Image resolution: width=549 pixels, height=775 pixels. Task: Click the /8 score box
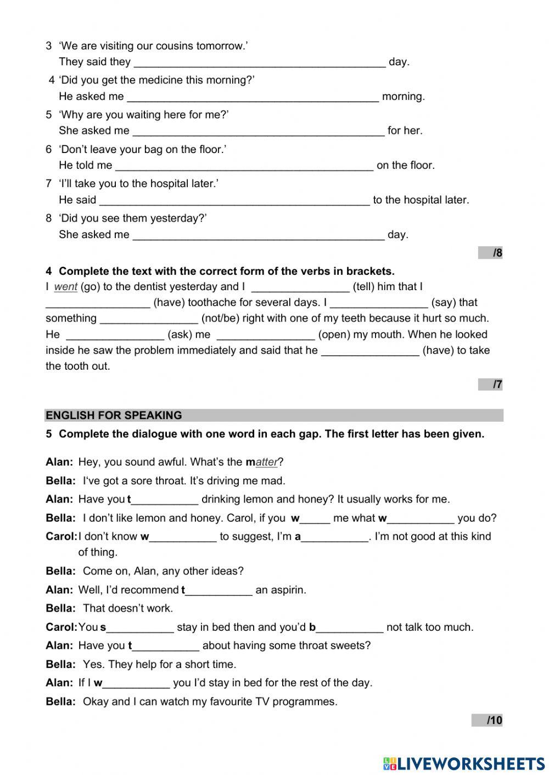pos(490,253)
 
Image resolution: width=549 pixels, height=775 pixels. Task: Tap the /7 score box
pos(490,384)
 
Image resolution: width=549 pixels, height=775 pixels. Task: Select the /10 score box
pos(487,720)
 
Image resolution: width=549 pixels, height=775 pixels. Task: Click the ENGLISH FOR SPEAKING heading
pos(114,415)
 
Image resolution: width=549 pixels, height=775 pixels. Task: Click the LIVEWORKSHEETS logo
pos(464,763)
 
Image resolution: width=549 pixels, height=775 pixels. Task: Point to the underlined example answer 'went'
pos(66,287)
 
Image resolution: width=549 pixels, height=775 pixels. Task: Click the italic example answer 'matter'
pos(266,462)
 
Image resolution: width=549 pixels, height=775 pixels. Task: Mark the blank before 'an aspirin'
pos(219,591)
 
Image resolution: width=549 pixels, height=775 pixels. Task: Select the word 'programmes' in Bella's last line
pos(305,702)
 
